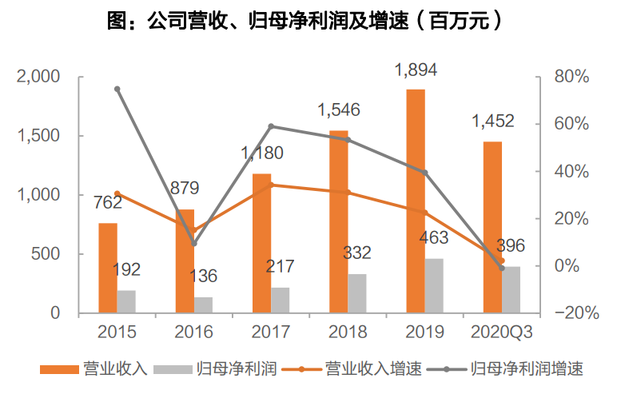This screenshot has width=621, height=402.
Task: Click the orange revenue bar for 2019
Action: (x=415, y=201)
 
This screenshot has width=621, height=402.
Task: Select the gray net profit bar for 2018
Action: (x=357, y=293)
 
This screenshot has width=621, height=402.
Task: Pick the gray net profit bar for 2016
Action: (x=204, y=304)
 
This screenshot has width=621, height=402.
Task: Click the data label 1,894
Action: (x=416, y=71)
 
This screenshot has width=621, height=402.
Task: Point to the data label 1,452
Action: (x=492, y=122)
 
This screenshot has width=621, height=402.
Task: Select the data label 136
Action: (x=203, y=277)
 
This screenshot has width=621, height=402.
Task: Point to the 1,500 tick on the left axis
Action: (x=39, y=136)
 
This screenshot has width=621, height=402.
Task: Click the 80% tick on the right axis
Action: (x=571, y=78)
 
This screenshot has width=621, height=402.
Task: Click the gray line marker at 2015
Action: (x=117, y=89)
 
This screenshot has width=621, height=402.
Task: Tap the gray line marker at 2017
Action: (x=271, y=126)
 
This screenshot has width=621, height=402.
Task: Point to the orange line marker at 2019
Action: (x=425, y=213)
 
